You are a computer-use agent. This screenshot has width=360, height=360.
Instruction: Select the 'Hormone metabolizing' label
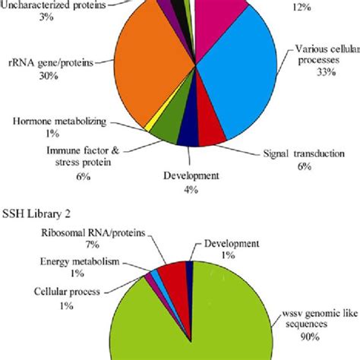57,120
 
